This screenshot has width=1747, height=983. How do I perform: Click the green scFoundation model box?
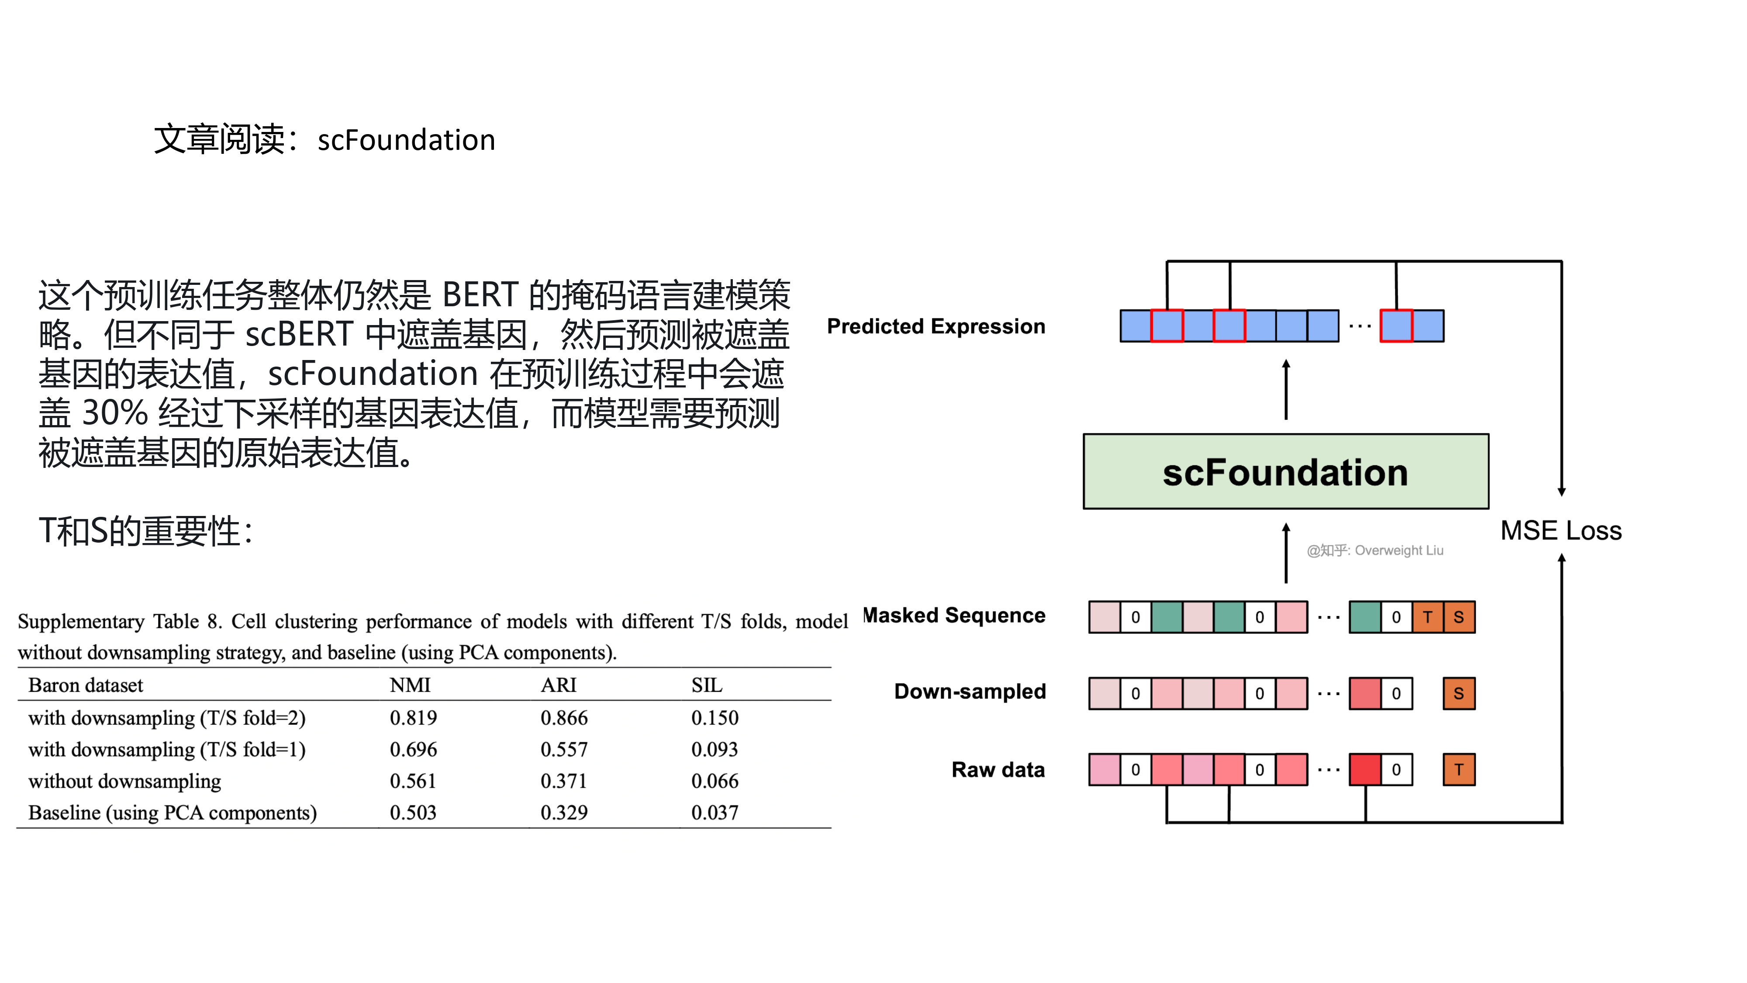pos(1285,471)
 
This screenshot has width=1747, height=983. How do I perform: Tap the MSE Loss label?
pos(1561,530)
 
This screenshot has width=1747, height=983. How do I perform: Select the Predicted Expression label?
pos(936,326)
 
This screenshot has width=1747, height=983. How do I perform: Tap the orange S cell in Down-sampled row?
pos(1459,693)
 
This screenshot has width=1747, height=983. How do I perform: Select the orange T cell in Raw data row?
pos(1459,770)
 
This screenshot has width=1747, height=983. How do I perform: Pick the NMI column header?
pos(410,685)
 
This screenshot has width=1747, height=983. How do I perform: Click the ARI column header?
pos(558,685)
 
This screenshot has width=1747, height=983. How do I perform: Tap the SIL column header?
pos(707,685)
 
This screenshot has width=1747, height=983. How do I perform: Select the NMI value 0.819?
pos(413,718)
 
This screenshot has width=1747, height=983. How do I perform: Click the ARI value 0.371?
pos(563,781)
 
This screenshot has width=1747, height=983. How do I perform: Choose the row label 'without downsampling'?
pos(125,781)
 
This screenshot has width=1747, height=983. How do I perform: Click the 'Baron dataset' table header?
pos(86,685)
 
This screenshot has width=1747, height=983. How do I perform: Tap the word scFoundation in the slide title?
pos(406,140)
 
